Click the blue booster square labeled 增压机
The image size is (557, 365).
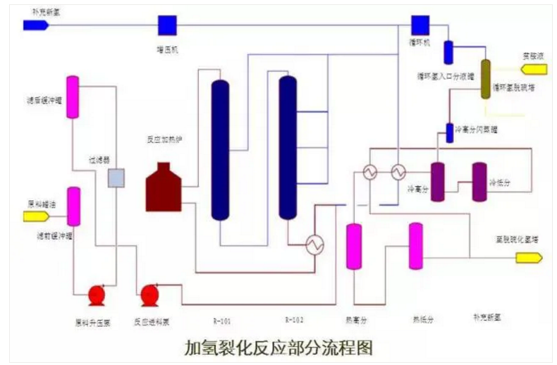[167, 25]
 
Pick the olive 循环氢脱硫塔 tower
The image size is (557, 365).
[486, 78]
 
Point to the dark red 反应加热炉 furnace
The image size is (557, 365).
[164, 187]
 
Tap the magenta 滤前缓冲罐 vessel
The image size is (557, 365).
[73, 206]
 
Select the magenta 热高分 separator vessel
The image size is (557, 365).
[353, 246]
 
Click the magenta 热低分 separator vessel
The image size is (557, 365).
[416, 246]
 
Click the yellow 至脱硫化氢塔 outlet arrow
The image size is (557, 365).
[528, 258]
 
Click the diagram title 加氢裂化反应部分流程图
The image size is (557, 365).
[278, 348]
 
